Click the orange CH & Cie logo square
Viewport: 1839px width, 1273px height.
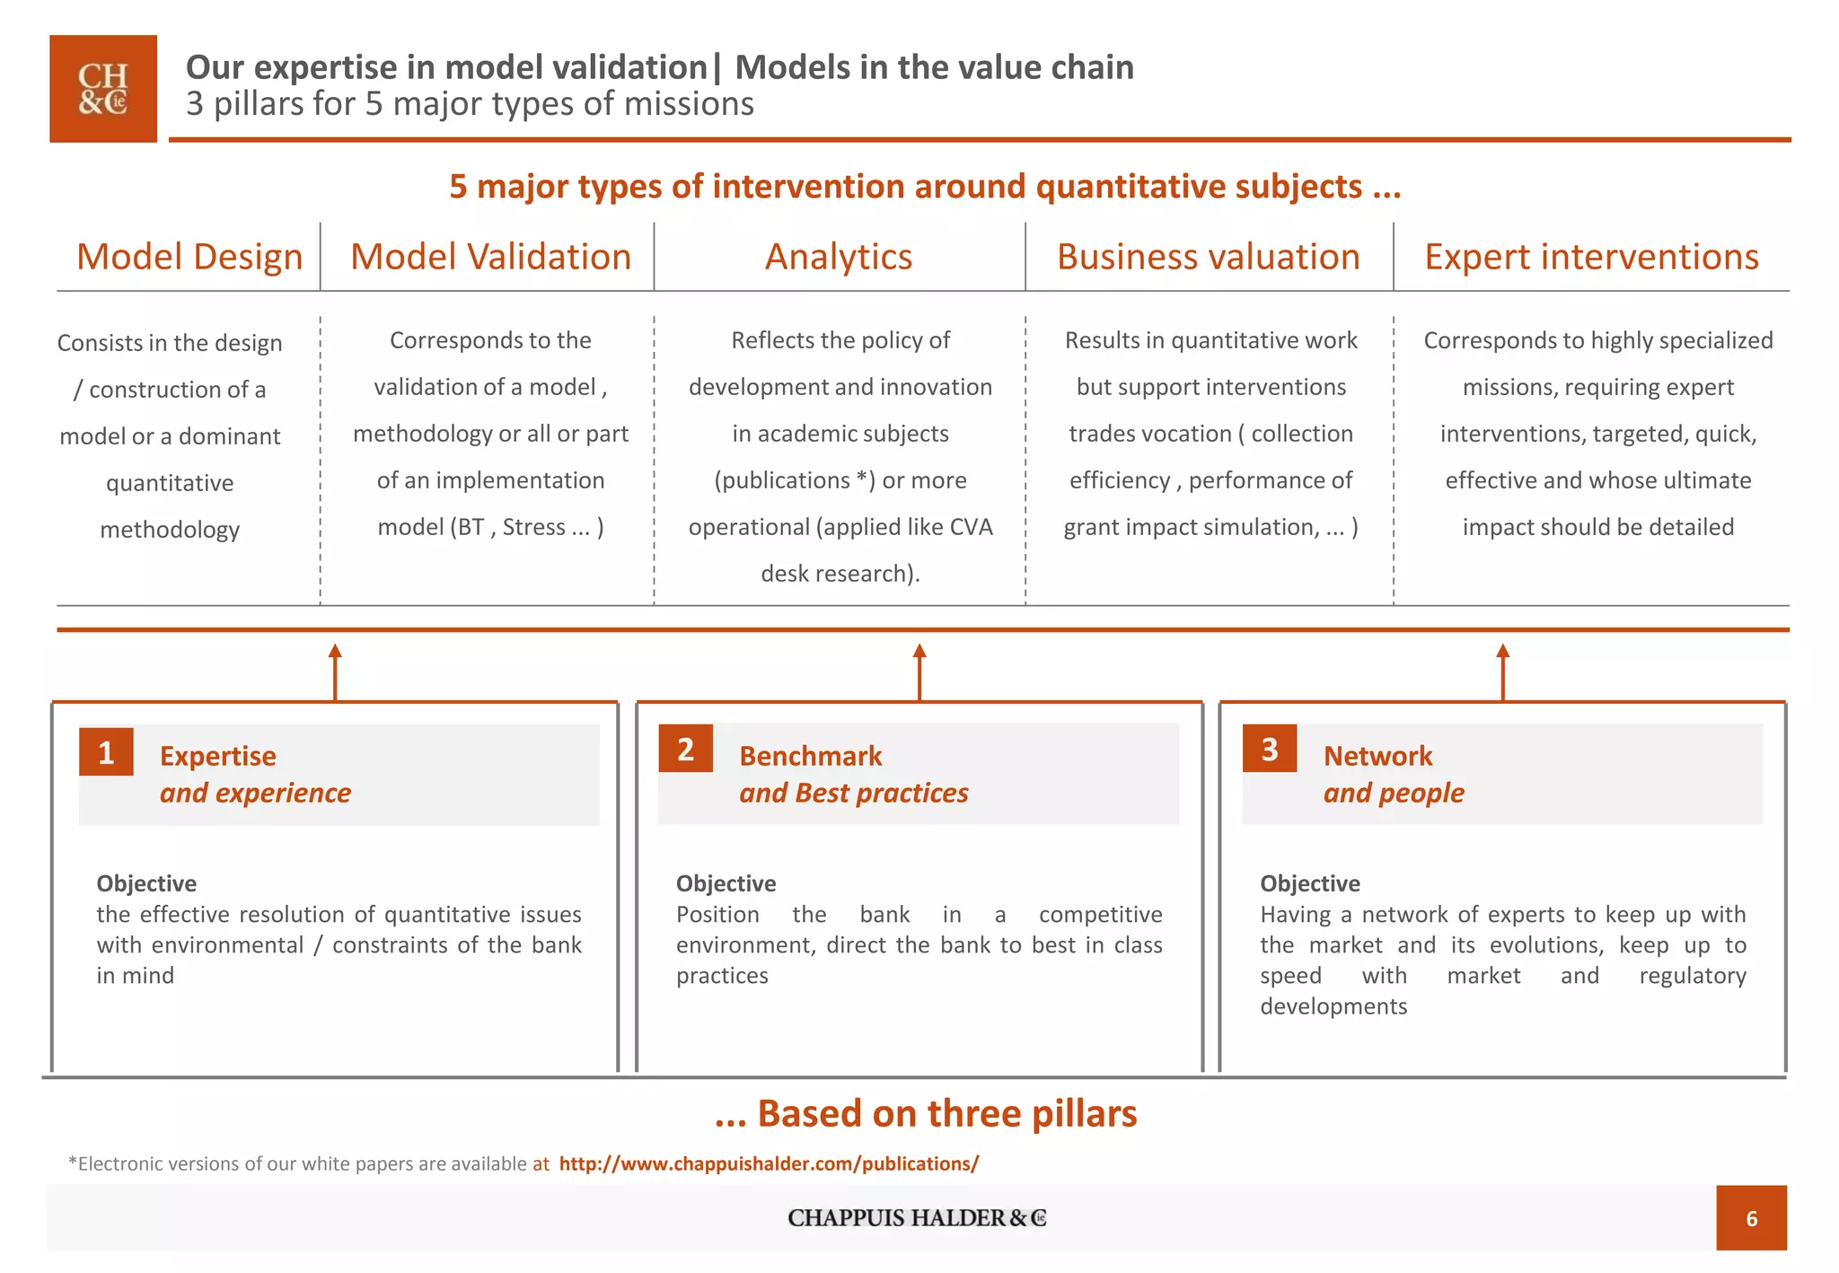(103, 89)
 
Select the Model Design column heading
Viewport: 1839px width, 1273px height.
(189, 257)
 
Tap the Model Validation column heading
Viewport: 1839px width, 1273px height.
(490, 257)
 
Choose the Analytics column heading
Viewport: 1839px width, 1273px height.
(839, 257)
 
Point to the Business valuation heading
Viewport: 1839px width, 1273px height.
(1208, 257)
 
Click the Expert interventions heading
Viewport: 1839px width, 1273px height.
(1591, 257)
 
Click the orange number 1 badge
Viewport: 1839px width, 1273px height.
(106, 752)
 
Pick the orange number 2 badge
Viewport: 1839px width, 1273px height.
(685, 749)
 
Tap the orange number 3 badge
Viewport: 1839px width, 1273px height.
(1269, 749)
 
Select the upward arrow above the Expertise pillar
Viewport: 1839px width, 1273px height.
(335, 671)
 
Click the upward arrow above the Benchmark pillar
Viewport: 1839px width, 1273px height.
(919, 671)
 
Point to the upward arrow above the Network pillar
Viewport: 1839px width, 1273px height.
(1502, 671)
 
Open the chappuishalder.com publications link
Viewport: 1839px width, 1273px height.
(769, 1163)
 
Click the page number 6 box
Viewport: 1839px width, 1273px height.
(1751, 1218)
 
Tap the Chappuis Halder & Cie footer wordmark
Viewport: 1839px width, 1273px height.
(917, 1218)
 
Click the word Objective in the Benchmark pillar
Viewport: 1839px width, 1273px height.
(726, 883)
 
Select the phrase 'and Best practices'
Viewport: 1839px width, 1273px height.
(853, 793)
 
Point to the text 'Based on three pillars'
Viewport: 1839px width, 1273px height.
(946, 1113)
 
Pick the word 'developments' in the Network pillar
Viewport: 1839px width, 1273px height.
(1333, 1006)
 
